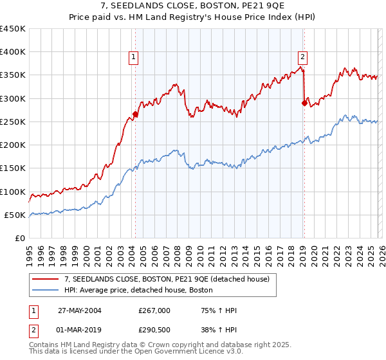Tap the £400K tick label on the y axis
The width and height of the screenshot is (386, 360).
(x=13, y=52)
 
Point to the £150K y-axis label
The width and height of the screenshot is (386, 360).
(x=13, y=168)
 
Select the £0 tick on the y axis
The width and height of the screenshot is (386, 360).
(x=21, y=238)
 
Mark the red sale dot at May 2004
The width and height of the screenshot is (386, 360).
(x=136, y=114)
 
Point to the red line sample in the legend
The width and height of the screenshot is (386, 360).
(x=46, y=278)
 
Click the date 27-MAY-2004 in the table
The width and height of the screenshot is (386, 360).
(x=80, y=310)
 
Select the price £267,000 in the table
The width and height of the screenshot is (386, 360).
(x=154, y=310)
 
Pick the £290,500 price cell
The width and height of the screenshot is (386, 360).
(x=154, y=330)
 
